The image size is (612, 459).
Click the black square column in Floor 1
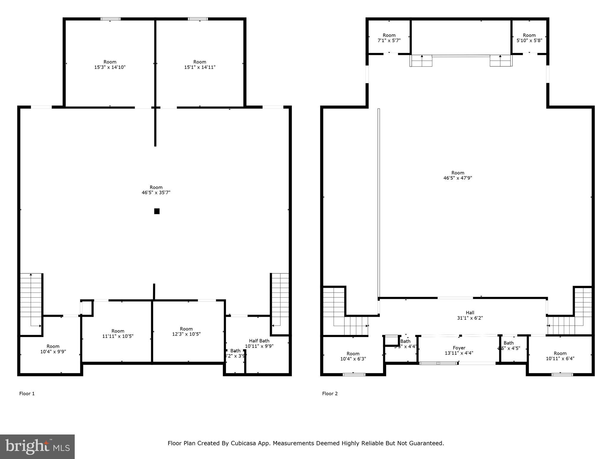tap(157, 211)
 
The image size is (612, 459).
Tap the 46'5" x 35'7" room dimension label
tap(156, 193)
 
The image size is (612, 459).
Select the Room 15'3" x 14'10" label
tap(110, 65)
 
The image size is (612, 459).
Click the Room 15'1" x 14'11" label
tap(200, 65)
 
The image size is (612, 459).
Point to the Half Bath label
tap(259, 341)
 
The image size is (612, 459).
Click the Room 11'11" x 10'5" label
tap(118, 333)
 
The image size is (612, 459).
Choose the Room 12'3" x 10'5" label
tap(186, 331)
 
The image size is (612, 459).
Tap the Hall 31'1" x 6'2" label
tap(470, 315)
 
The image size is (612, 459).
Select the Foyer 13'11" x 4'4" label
tap(459, 350)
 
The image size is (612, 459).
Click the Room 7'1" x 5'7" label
tap(389, 38)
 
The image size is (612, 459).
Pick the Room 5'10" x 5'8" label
tap(529, 38)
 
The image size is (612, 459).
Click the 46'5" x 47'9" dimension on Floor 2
tap(458, 178)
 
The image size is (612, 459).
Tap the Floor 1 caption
tap(27, 394)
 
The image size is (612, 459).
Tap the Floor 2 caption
tap(330, 394)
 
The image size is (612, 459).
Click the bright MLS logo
tap(37, 446)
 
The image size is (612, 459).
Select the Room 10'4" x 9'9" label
tap(53, 349)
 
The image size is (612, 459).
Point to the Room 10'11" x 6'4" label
tap(560, 356)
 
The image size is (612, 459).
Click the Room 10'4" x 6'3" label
tap(353, 356)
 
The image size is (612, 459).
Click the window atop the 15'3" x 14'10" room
tap(111, 19)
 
